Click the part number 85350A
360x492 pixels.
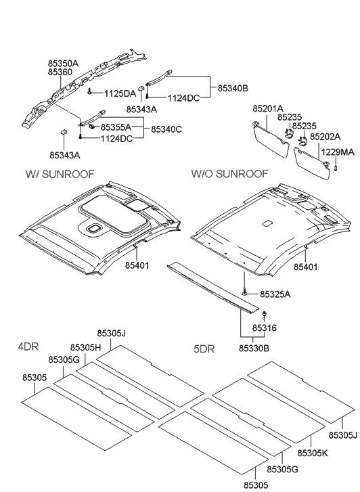pyautogui.click(x=63, y=64)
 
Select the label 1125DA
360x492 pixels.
pyautogui.click(x=120, y=93)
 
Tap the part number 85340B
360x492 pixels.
pyautogui.click(x=233, y=89)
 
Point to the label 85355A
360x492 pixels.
pyautogui.click(x=116, y=127)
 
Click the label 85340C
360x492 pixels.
pyautogui.click(x=166, y=129)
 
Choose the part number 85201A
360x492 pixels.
pyautogui.click(x=268, y=108)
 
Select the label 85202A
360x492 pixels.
pyautogui.click(x=325, y=137)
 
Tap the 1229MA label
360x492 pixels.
pyautogui.click(x=338, y=152)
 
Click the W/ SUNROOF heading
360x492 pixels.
pyautogui.click(x=60, y=174)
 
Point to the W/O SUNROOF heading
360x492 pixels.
pyautogui.click(x=230, y=173)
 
